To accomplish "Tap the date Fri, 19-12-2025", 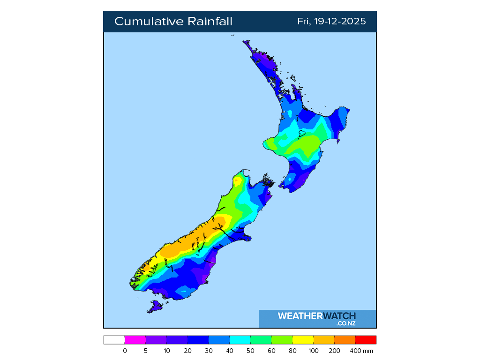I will tap(331, 22).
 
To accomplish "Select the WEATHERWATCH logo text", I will tap(317, 316).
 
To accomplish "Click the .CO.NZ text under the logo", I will tap(346, 323).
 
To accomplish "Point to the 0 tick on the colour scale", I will tap(125, 351).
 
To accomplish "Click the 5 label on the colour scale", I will tap(146, 351).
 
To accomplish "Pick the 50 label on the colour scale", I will tap(251, 351).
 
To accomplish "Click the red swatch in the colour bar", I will tap(366, 340).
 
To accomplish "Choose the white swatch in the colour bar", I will tap(114, 340).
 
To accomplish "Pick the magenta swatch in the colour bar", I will tap(135, 340).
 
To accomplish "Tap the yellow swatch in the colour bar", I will tap(303, 340).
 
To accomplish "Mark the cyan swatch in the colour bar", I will tap(240, 340).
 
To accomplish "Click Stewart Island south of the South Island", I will tap(155, 307).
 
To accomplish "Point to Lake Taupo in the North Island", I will tap(302, 134).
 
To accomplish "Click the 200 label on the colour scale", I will tap(335, 351).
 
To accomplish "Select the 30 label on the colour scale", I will tap(209, 351).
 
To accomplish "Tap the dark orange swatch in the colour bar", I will tap(345, 340).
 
